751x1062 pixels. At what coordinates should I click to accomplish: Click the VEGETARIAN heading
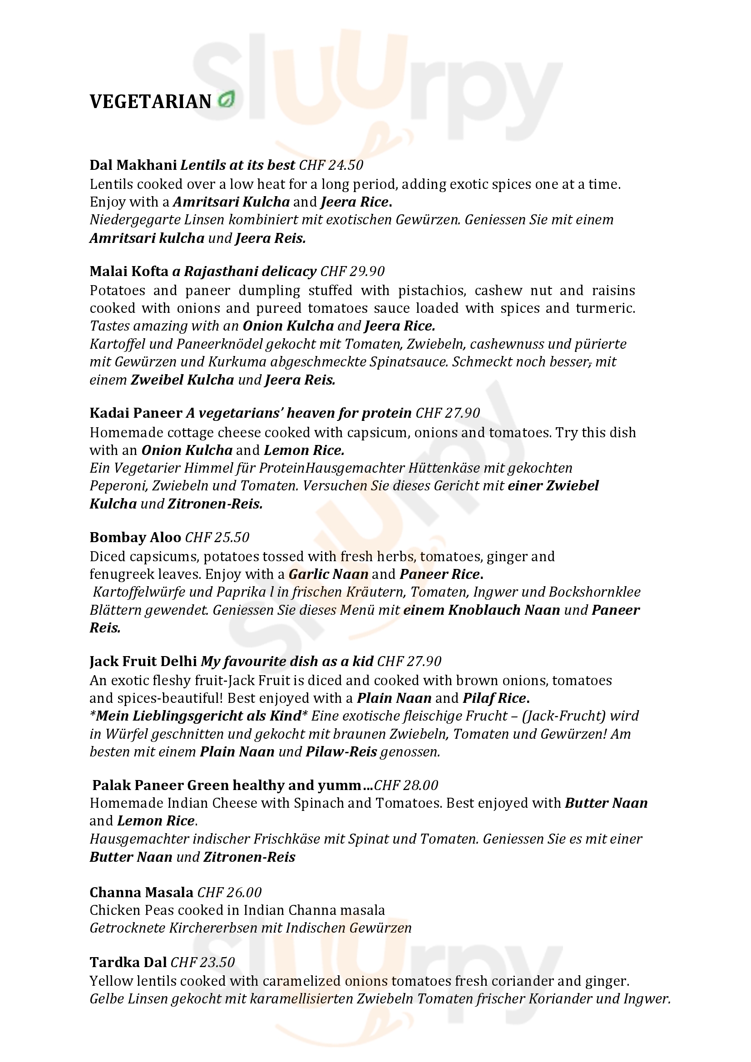[x=150, y=102]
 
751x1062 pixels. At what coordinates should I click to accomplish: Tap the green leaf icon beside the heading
[x=226, y=100]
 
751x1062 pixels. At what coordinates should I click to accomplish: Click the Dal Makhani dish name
[x=133, y=165]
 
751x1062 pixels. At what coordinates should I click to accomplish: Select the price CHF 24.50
[x=331, y=165]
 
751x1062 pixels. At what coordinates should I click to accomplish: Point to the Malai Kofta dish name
[x=129, y=271]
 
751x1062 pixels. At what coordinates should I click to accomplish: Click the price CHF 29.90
[x=352, y=271]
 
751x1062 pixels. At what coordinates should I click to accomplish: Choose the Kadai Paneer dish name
[x=136, y=413]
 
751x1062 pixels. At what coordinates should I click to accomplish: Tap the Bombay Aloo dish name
[x=135, y=537]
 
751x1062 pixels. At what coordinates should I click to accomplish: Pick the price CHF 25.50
[x=217, y=537]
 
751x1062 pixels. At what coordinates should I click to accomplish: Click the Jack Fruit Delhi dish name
[x=143, y=661]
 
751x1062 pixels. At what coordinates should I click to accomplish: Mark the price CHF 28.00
[x=406, y=785]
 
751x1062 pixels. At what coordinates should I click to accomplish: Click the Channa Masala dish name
[x=142, y=892]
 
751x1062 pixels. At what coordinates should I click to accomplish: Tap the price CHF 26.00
[x=229, y=892]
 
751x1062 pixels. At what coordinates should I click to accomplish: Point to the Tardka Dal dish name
[x=128, y=962]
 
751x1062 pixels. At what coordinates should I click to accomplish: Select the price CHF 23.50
[x=203, y=962]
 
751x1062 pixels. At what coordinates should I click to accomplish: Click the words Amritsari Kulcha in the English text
[x=231, y=202]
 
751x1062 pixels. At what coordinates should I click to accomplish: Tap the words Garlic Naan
[x=328, y=574]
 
